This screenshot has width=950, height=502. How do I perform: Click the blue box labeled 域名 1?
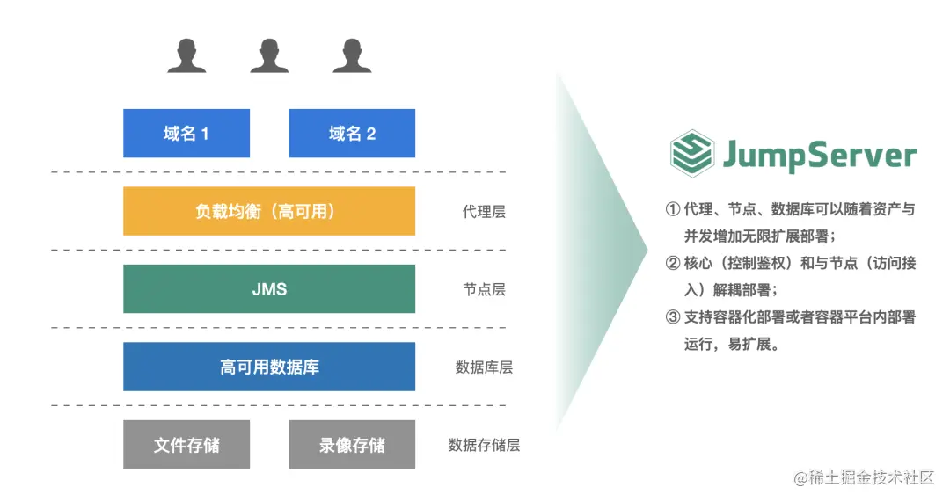(x=186, y=134)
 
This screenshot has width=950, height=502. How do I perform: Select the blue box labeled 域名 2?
(x=352, y=134)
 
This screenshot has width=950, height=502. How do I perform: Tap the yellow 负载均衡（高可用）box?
(x=269, y=211)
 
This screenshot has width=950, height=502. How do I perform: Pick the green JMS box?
(x=269, y=289)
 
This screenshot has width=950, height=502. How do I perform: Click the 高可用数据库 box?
(x=269, y=367)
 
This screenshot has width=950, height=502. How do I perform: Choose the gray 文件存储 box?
(x=186, y=445)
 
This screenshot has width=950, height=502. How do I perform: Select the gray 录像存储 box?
(x=352, y=445)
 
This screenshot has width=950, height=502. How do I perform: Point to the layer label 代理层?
(x=484, y=212)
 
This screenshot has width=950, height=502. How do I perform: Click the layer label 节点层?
(x=484, y=289)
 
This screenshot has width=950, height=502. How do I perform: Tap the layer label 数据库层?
(x=484, y=367)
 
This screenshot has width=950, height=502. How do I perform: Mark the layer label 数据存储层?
(x=484, y=445)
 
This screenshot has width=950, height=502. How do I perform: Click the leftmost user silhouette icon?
(x=186, y=55)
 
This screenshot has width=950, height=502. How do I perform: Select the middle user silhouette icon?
(x=269, y=55)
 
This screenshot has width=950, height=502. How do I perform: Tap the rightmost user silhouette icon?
(x=352, y=55)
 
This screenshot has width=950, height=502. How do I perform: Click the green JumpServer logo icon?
(x=691, y=155)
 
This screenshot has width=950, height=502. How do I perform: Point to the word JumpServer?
(x=820, y=156)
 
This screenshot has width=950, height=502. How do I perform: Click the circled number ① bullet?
(x=673, y=210)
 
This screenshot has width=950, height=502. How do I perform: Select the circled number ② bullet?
(x=673, y=264)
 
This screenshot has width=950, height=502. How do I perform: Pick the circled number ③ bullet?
(x=673, y=317)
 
